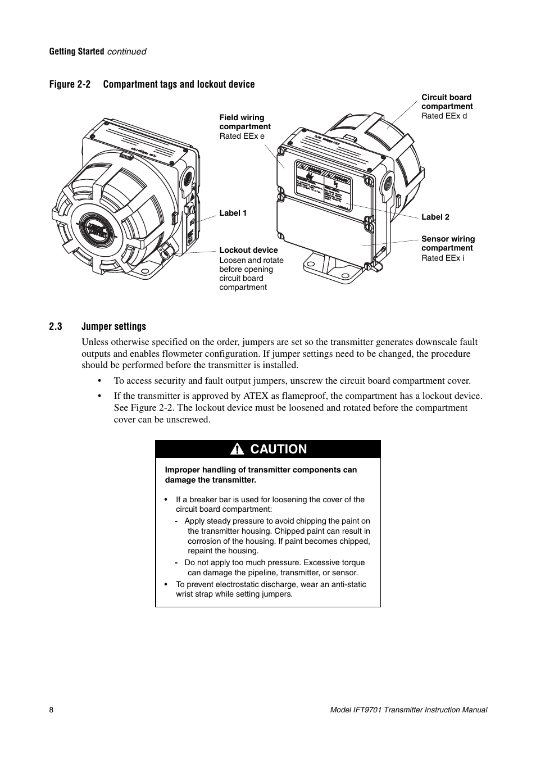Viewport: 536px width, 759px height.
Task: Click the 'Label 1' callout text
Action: tap(233, 213)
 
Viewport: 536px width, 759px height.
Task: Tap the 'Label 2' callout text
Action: tap(435, 217)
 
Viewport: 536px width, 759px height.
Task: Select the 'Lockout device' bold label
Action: tap(248, 250)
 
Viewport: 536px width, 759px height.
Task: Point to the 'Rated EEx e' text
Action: tap(242, 136)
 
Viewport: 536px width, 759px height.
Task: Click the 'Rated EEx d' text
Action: tap(444, 116)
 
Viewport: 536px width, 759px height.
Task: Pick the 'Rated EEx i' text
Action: tap(443, 258)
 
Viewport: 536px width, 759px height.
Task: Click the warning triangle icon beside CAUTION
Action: tap(238, 449)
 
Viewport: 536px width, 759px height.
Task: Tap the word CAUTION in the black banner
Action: tap(279, 449)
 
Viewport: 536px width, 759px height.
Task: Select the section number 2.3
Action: tap(55, 326)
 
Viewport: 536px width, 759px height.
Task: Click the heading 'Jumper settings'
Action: tap(113, 326)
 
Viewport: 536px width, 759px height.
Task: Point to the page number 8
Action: tap(51, 710)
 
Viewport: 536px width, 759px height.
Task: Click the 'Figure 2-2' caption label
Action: tap(70, 84)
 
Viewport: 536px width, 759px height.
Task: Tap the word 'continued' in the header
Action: tap(126, 51)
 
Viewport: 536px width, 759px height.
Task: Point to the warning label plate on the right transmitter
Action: tap(323, 188)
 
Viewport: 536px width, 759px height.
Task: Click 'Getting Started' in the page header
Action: tap(76, 51)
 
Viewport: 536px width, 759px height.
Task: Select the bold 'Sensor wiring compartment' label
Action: tap(448, 243)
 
